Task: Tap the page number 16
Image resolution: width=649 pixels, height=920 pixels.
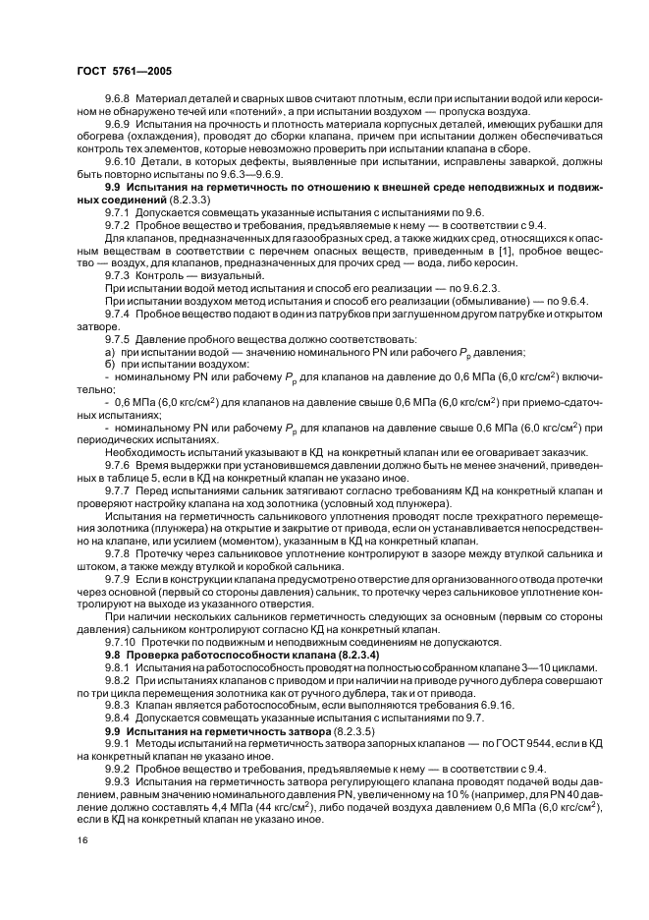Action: click(x=81, y=841)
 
